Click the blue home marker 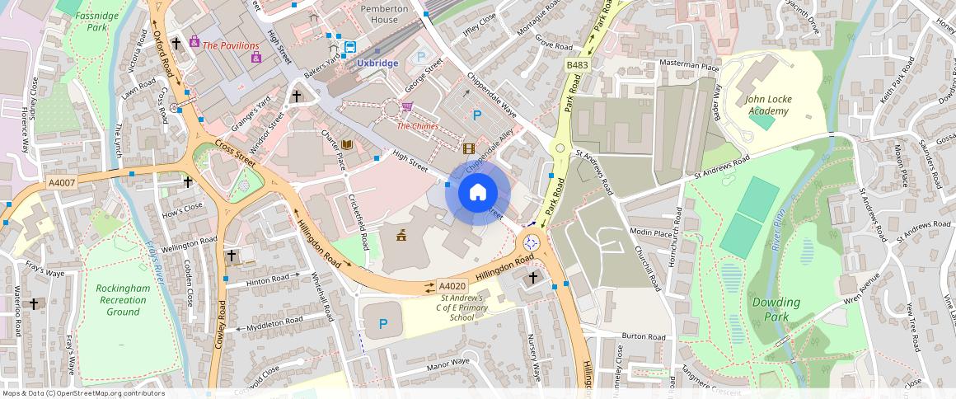[x=478, y=194]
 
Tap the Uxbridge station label [x=377, y=63]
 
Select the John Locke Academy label [x=768, y=105]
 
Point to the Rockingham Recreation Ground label [x=123, y=300]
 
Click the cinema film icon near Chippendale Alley [x=469, y=148]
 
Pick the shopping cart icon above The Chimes [x=406, y=107]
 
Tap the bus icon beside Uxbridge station [x=350, y=47]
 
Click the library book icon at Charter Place [x=347, y=145]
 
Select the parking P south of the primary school [x=382, y=324]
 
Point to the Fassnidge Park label [x=96, y=21]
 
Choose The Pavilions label [x=231, y=46]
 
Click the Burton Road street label [x=644, y=336]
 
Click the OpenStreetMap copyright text [x=83, y=393]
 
